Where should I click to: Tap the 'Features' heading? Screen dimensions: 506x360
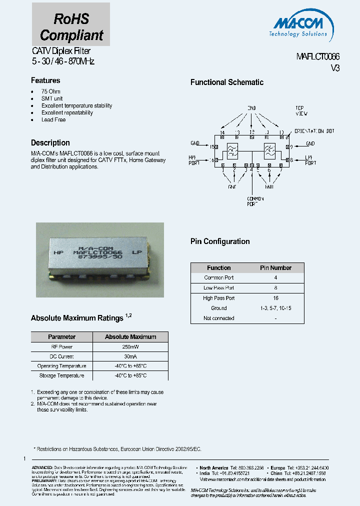(45, 80)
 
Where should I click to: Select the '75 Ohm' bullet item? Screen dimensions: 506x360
(51, 91)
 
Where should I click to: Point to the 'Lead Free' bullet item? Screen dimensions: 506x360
(53, 120)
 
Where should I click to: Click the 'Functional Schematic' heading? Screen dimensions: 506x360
(227, 82)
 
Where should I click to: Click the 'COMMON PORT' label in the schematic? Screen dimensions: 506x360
(255, 202)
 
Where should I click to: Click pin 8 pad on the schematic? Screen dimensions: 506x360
(290, 159)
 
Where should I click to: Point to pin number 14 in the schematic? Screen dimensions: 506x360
(222, 132)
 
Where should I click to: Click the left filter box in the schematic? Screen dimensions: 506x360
(232, 150)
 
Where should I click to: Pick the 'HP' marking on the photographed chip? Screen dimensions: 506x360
(59, 253)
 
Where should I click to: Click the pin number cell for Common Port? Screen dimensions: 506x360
(275, 277)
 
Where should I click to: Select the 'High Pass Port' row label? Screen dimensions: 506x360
(219, 298)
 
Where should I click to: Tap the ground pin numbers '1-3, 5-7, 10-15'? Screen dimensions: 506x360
(275, 308)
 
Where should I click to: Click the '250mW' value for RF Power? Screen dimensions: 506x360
(130, 347)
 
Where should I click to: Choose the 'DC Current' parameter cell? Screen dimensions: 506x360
(62, 356)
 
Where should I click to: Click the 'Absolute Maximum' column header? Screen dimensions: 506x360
(130, 337)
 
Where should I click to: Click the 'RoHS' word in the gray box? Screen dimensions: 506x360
(71, 18)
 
